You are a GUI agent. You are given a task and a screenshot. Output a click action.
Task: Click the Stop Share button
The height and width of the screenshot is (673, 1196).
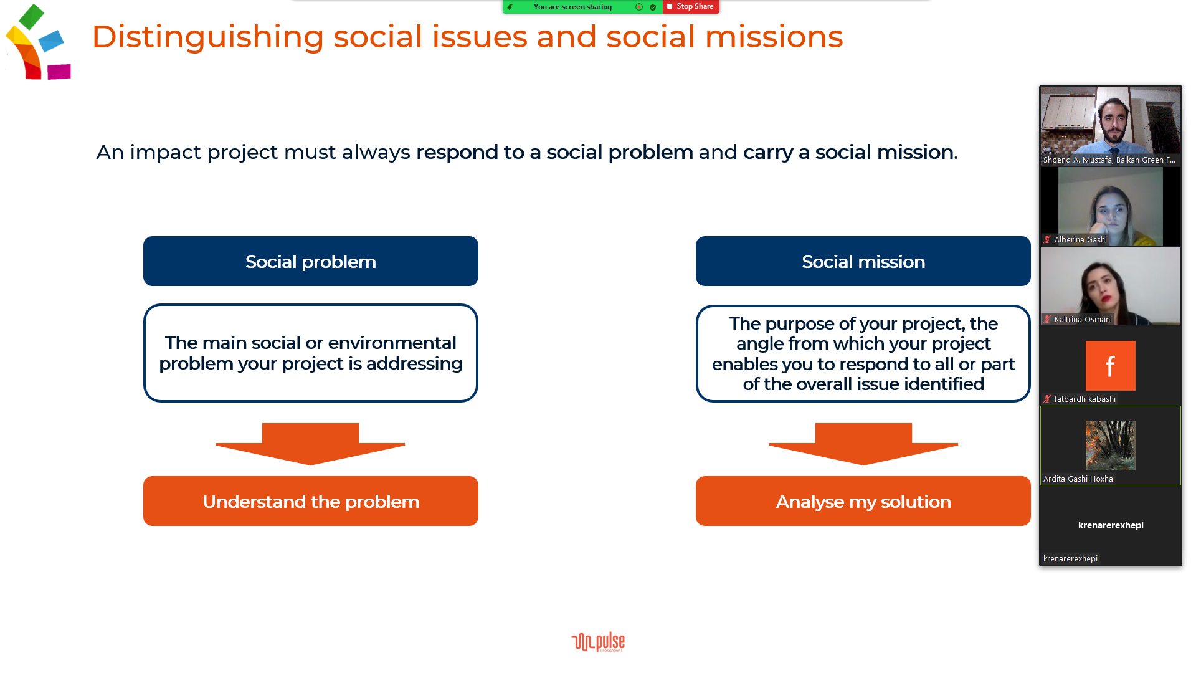pyautogui.click(x=691, y=6)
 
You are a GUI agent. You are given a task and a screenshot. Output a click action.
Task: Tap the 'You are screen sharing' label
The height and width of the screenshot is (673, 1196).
pyautogui.click(x=572, y=7)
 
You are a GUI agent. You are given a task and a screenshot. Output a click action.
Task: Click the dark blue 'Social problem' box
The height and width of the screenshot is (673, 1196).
pyautogui.click(x=311, y=261)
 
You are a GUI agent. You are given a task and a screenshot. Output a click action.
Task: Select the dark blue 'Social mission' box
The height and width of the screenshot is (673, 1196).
pyautogui.click(x=863, y=261)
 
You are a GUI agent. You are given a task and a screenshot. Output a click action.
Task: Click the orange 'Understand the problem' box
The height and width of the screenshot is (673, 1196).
pyautogui.click(x=311, y=501)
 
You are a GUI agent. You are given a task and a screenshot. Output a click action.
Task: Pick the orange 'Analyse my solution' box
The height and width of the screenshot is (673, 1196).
pyautogui.click(x=863, y=501)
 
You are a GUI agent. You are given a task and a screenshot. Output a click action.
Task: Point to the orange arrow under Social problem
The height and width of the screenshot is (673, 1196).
pyautogui.click(x=310, y=444)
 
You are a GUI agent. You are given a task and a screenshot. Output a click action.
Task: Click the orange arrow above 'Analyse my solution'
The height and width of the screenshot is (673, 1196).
pyautogui.click(x=863, y=444)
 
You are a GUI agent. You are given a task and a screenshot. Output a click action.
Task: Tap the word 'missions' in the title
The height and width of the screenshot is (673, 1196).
pyautogui.click(x=774, y=37)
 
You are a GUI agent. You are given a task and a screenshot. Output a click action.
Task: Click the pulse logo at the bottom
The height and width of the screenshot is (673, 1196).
pyautogui.click(x=598, y=642)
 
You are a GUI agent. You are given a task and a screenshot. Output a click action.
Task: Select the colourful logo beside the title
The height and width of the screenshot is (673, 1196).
pyautogui.click(x=38, y=42)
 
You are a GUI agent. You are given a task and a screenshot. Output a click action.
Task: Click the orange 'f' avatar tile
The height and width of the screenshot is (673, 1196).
pyautogui.click(x=1111, y=366)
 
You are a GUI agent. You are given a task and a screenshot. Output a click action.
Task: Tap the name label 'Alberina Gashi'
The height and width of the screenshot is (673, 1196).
pyautogui.click(x=1081, y=240)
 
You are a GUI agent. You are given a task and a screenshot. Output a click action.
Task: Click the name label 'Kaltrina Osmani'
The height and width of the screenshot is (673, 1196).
pyautogui.click(x=1083, y=320)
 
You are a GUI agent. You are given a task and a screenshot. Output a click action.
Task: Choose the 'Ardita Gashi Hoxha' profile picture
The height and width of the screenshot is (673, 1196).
pyautogui.click(x=1111, y=446)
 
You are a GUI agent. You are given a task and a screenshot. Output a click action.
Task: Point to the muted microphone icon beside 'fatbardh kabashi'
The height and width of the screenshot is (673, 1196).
pyautogui.click(x=1047, y=399)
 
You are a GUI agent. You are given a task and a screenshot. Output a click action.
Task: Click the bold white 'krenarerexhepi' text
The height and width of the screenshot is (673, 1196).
pyautogui.click(x=1111, y=525)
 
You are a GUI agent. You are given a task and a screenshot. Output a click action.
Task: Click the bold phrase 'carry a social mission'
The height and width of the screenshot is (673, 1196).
pyautogui.click(x=848, y=152)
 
